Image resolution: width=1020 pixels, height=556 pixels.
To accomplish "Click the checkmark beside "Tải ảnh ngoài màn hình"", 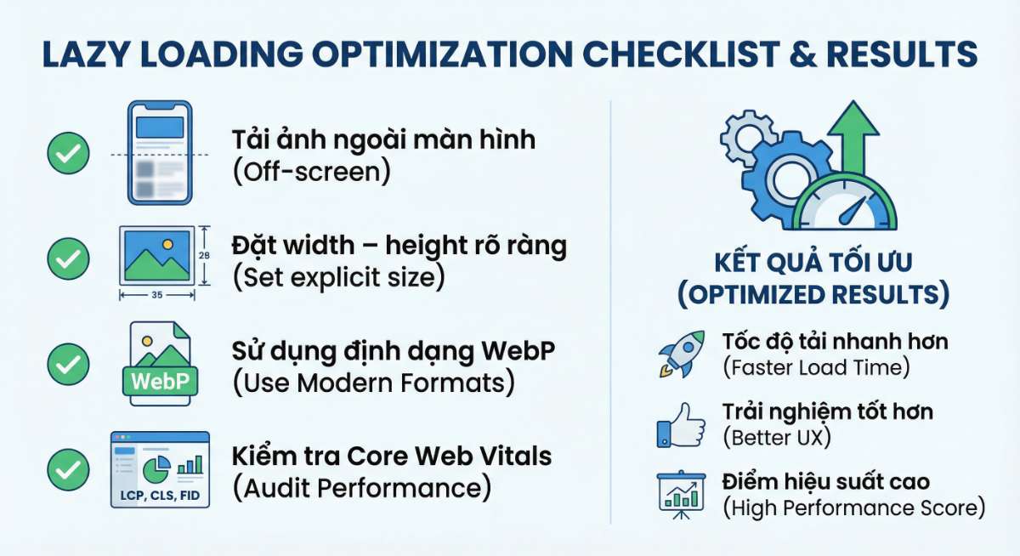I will coord(68,154).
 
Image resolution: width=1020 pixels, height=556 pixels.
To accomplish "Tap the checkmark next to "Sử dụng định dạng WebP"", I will coord(68,365).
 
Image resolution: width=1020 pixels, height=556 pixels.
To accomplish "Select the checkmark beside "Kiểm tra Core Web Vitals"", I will coord(68,469).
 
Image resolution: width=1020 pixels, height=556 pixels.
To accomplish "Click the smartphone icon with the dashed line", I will coord(160,153).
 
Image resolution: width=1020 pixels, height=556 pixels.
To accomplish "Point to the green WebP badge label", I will coord(160,380).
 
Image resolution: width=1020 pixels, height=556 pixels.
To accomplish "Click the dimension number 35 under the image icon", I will coord(158,294).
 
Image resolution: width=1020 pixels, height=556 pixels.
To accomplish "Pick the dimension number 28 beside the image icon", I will coord(203,254).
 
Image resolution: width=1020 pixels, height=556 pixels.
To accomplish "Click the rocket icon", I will coord(681,354).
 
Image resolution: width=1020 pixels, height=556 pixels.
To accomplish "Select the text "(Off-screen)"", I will coord(311,172).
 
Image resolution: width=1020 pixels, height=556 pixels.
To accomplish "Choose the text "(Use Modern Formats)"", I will coord(373,383).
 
